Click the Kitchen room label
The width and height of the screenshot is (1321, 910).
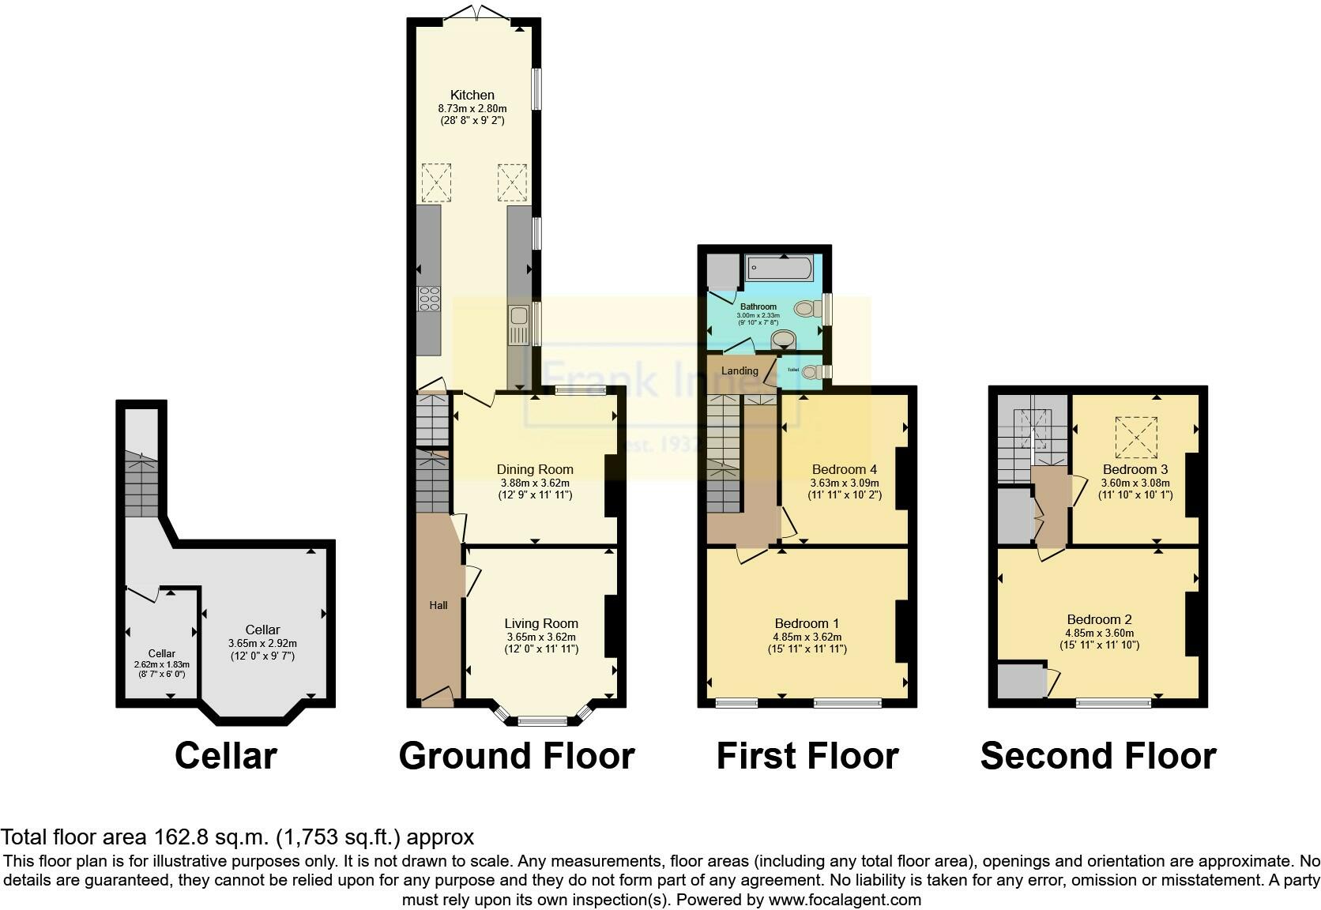click(472, 95)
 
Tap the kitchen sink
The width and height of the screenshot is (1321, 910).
click(519, 324)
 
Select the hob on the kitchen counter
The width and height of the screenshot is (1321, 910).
click(429, 299)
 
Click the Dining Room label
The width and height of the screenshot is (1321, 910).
click(535, 469)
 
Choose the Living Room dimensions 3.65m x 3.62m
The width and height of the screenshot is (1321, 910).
click(541, 637)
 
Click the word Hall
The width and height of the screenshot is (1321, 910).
click(438, 605)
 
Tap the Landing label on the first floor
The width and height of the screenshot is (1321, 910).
click(740, 370)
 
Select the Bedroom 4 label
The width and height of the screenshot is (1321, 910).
click(844, 469)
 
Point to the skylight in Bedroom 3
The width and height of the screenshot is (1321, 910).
click(1135, 438)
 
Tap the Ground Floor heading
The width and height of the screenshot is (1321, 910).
click(517, 756)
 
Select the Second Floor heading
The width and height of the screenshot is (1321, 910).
click(1098, 756)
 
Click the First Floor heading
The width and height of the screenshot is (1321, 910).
click(807, 756)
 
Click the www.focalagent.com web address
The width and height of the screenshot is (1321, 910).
click(845, 899)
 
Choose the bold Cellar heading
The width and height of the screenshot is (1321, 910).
click(225, 756)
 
